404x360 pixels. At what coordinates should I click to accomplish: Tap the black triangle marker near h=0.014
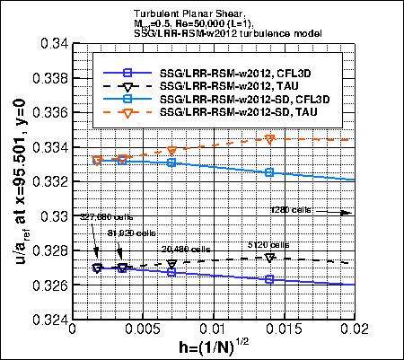click(x=270, y=258)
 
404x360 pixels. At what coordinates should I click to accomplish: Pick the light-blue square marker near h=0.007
click(x=171, y=162)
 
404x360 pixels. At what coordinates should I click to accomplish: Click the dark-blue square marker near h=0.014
click(x=270, y=279)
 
